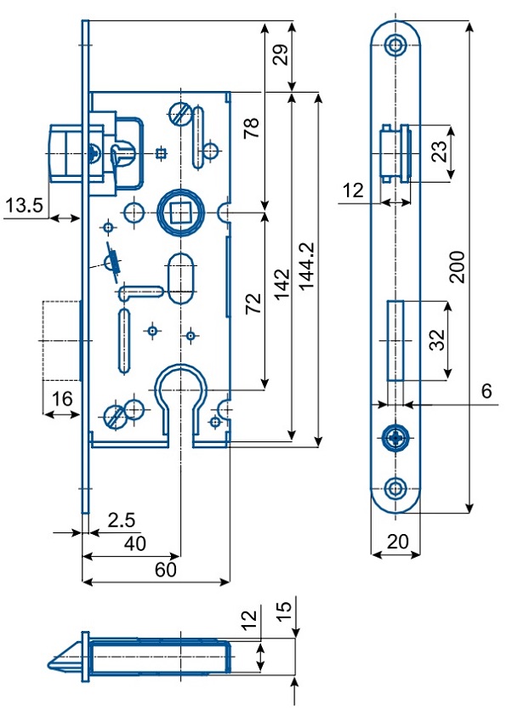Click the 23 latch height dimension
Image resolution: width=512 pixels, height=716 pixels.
439,153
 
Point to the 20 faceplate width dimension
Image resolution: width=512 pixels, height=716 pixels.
396,542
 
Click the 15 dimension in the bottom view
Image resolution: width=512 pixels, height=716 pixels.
285,610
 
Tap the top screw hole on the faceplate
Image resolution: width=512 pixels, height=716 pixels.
396,45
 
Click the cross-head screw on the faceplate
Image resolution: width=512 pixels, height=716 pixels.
396,439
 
